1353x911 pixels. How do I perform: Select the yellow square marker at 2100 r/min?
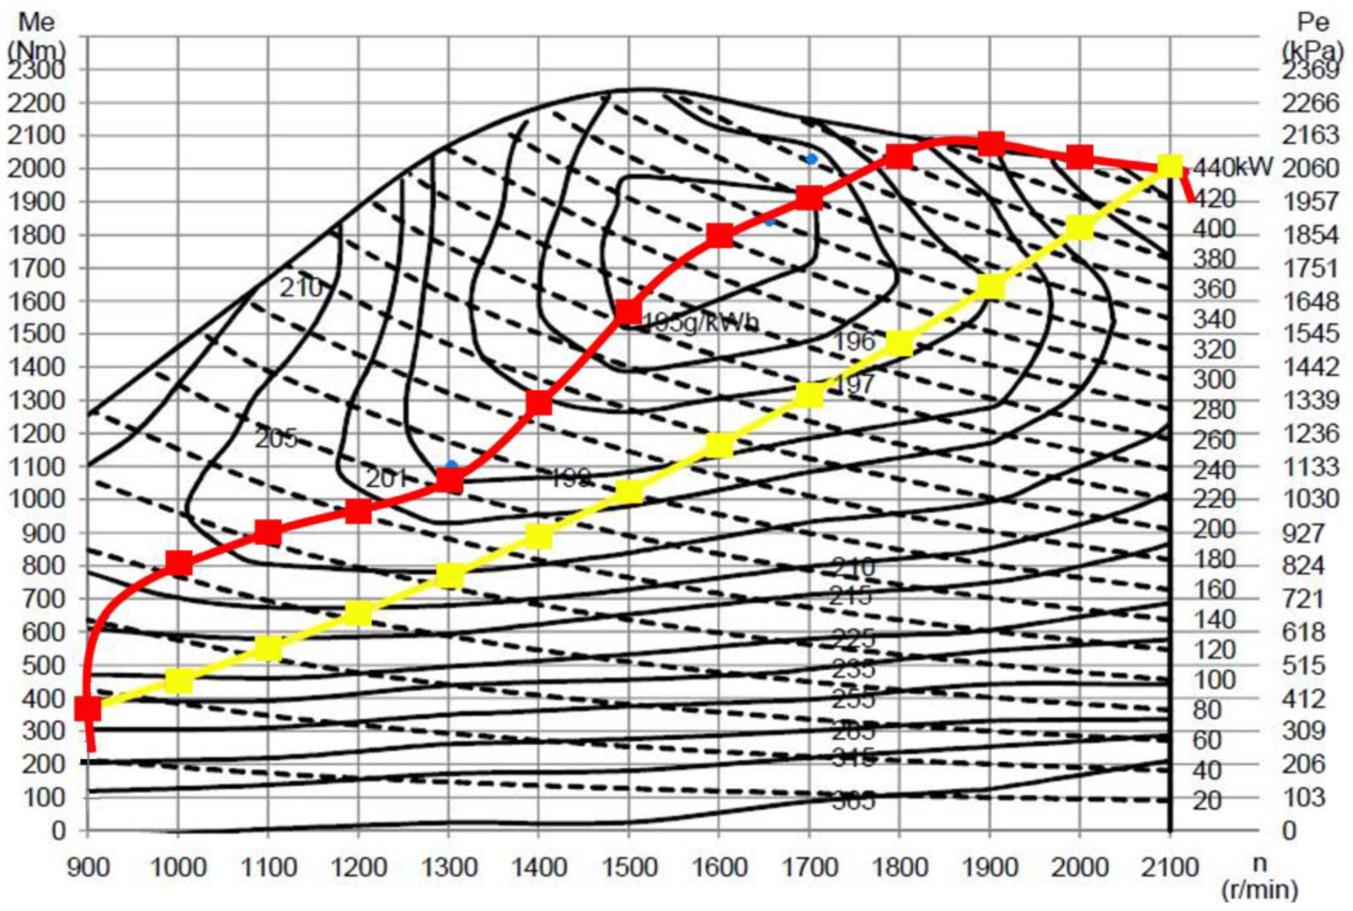(x=1169, y=166)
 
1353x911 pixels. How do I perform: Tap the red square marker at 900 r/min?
(x=88, y=708)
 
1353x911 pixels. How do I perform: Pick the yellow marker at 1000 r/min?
(x=178, y=680)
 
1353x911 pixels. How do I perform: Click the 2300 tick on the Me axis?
(x=36, y=71)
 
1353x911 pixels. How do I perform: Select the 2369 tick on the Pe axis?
(x=1310, y=71)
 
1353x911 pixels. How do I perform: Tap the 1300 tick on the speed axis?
(x=448, y=868)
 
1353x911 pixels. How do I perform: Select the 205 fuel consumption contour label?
(x=276, y=439)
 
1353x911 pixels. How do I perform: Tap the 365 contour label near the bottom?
(x=853, y=802)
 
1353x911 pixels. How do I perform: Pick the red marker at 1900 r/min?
(x=991, y=143)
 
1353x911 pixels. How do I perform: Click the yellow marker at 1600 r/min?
(x=719, y=446)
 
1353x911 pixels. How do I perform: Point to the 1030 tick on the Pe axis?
(x=1310, y=499)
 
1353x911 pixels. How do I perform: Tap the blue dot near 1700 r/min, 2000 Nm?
(x=811, y=158)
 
